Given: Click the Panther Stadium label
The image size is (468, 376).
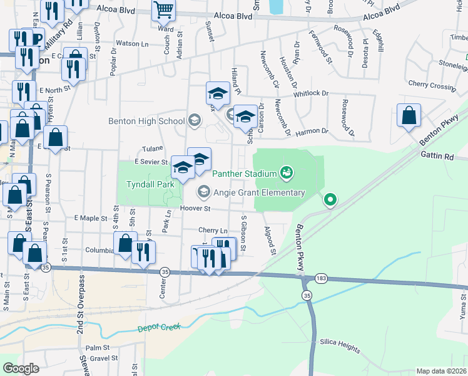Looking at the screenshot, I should [x=245, y=174].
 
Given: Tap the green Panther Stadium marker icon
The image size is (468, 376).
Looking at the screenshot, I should [x=287, y=170].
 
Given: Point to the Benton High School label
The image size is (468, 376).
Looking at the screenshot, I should [x=147, y=121].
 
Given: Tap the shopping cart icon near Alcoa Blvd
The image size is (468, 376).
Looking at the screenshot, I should [x=163, y=9].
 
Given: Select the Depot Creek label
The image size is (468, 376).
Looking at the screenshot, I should [x=159, y=327].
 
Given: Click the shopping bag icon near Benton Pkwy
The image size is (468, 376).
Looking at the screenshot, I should [x=409, y=116].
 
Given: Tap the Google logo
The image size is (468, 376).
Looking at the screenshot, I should [x=21, y=368].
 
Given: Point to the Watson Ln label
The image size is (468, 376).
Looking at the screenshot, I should [x=133, y=44].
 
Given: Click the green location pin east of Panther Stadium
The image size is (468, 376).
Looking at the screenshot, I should [x=330, y=200].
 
